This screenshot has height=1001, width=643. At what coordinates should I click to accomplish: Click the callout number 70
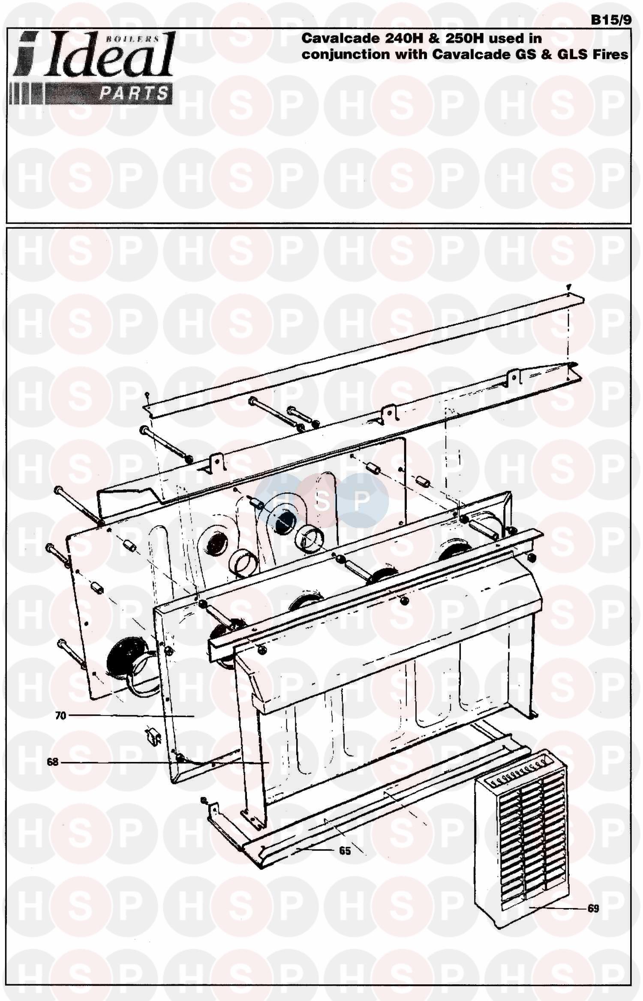tap(60, 716)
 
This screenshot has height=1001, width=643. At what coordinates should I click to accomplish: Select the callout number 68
tap(52, 762)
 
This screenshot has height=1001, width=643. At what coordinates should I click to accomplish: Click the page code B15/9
tap(610, 20)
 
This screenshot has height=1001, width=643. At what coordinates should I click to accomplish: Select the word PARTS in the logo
tap(134, 93)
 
